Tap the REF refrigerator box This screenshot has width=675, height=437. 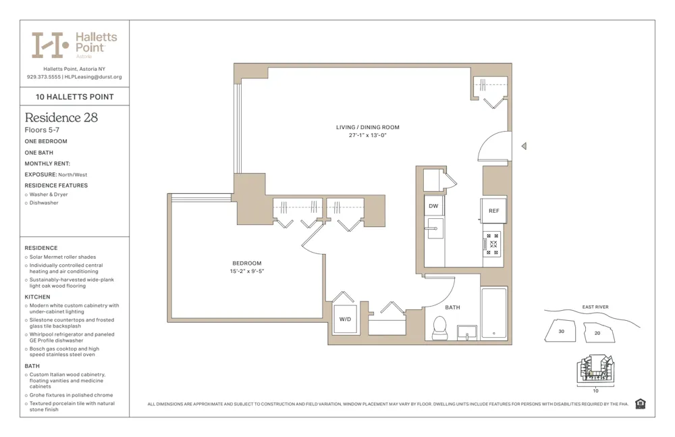tap(493, 211)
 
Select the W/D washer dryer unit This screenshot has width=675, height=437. tap(344, 319)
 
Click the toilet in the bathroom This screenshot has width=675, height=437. tap(440, 328)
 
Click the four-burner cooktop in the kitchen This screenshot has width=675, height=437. tap(493, 244)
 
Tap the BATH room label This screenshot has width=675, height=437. tap(452, 307)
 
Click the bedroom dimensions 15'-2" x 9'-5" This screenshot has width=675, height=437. tap(246, 272)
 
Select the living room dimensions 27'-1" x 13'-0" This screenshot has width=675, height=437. tap(367, 135)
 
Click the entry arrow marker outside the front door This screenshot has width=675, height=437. tap(524, 146)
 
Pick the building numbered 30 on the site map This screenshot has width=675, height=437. tap(562, 332)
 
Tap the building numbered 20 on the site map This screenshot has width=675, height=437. tap(597, 333)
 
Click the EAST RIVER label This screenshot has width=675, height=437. tap(595, 307)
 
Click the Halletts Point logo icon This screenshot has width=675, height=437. tap(50, 45)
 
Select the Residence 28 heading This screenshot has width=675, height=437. tap(61, 118)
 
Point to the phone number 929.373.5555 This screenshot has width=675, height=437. tap(43, 77)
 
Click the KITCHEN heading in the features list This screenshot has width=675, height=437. tap(37, 297)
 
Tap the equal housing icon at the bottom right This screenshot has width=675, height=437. tap(640, 404)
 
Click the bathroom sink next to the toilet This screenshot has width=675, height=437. tap(467, 332)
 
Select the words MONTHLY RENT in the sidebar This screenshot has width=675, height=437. tap(47, 163)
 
